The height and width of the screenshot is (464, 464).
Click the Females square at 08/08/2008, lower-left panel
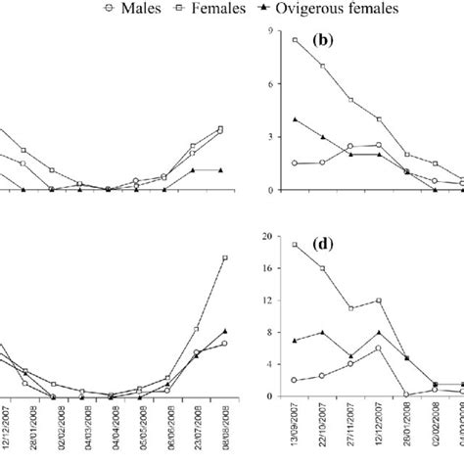click(x=225, y=257)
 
